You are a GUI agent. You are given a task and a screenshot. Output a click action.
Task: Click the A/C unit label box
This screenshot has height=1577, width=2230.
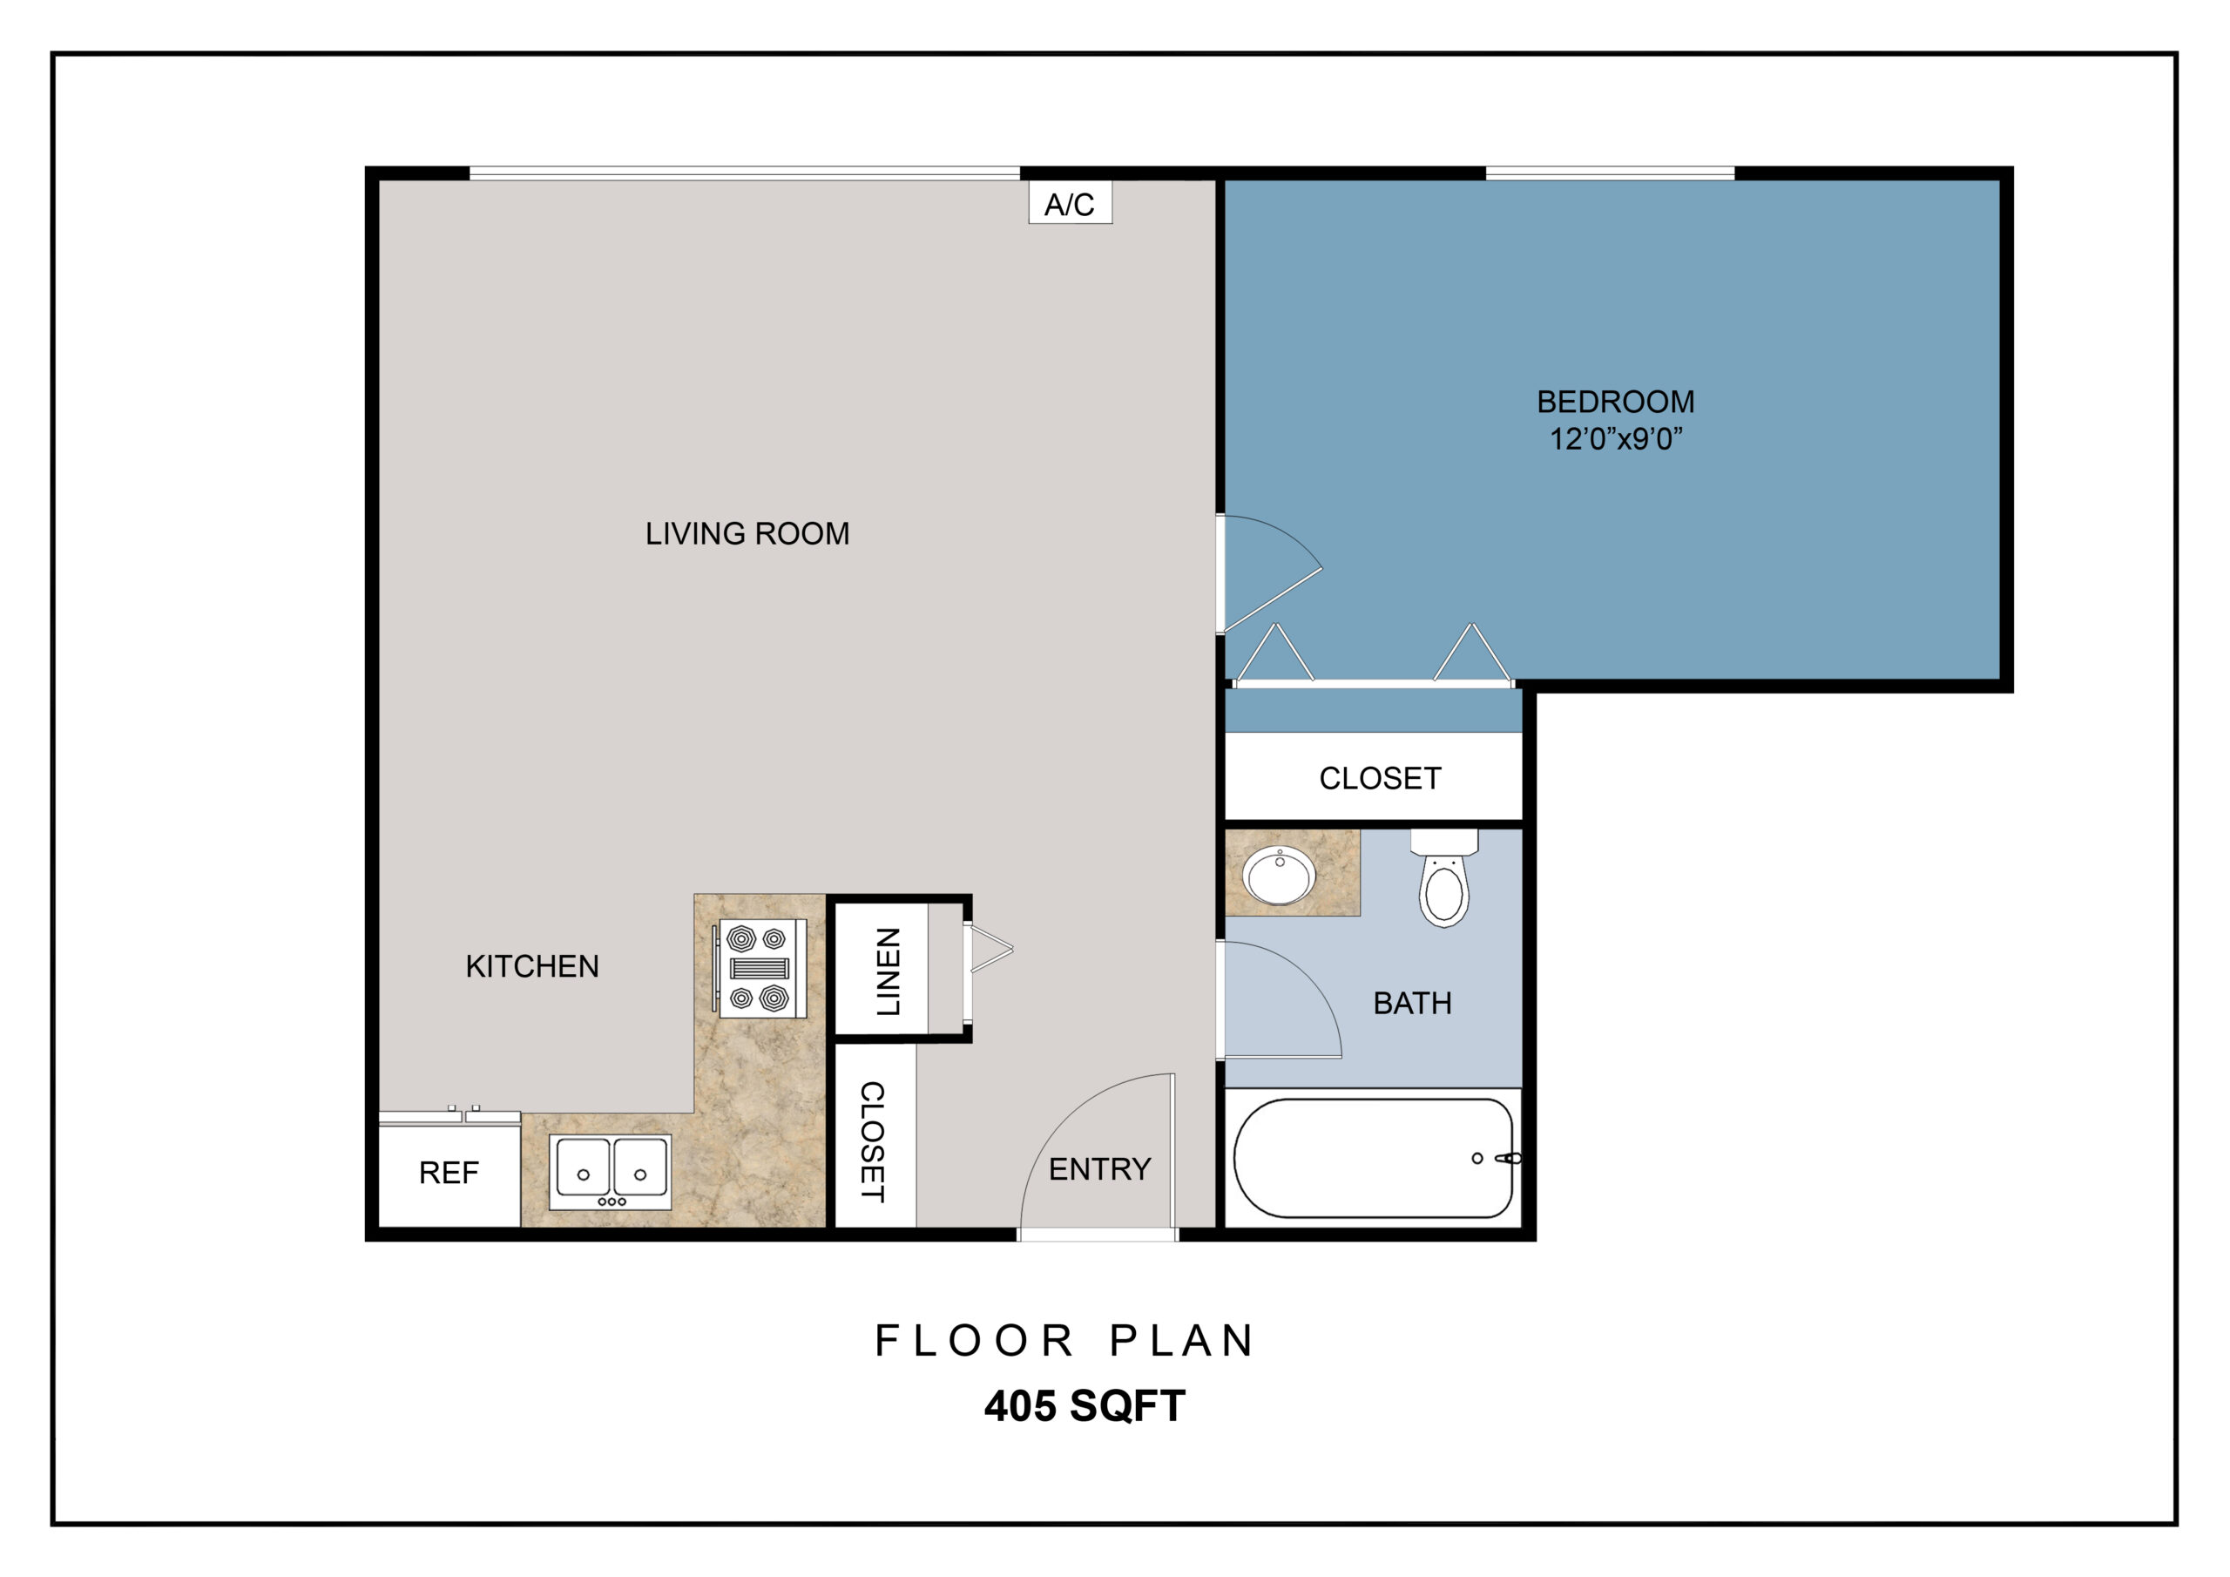tap(1071, 202)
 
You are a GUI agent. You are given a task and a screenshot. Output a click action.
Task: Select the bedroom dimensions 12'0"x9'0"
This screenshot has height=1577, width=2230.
tap(1615, 439)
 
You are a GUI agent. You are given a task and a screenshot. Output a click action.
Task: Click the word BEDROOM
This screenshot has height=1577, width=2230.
tap(1615, 402)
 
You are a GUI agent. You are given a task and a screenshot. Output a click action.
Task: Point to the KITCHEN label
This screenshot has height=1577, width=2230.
tap(532, 966)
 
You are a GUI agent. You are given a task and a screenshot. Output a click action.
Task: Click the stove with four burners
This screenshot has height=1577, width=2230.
tap(761, 968)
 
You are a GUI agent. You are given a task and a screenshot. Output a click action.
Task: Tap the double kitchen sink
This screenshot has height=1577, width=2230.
tap(610, 1172)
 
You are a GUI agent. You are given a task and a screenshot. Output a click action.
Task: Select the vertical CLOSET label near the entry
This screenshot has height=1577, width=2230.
tap(872, 1141)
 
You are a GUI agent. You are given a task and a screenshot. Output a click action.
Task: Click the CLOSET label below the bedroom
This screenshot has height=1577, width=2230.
tap(1379, 778)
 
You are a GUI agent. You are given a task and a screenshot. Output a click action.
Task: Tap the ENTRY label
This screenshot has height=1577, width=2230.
tap(1099, 1169)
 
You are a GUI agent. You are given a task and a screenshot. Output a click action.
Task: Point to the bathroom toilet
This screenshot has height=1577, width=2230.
tap(1444, 878)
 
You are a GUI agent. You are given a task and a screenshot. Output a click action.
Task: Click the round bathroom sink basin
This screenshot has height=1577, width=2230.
tap(1281, 876)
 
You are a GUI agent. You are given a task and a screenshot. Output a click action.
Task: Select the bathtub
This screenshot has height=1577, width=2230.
tap(1374, 1158)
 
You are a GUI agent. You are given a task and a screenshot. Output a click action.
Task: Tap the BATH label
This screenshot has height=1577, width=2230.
tap(1412, 1003)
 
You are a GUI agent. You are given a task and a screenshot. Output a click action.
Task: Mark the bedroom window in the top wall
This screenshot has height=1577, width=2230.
tap(1611, 173)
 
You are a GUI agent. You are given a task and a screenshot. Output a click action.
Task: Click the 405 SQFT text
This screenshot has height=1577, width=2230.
tap(1085, 1406)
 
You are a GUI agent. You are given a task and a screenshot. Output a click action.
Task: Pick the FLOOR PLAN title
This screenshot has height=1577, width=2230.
tap(1064, 1341)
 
